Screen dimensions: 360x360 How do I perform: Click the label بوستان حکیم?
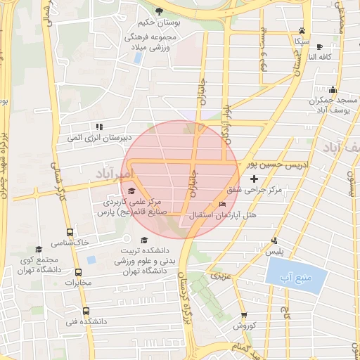160,23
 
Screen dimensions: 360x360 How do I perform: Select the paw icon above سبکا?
302,31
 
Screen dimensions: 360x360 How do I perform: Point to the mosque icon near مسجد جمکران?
333,89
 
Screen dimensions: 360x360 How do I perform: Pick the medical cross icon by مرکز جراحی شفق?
254,180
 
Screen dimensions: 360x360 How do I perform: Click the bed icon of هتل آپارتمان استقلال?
223,205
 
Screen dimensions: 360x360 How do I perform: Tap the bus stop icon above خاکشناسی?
69,232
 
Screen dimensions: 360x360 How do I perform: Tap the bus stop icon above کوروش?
244,316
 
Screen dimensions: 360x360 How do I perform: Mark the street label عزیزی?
222,274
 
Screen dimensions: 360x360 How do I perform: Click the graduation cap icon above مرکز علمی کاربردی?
131,191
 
